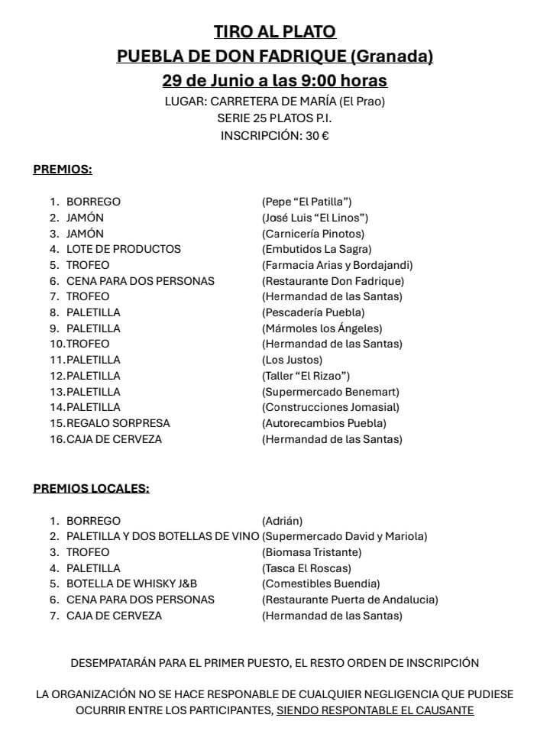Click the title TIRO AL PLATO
(274, 31)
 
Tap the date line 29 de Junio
(274, 80)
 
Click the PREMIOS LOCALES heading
(91, 489)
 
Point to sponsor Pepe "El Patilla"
(306, 202)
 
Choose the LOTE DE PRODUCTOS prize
(123, 249)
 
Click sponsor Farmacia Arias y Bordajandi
(337, 265)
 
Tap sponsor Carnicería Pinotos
(313, 234)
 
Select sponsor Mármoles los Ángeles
(322, 328)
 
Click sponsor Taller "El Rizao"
(306, 376)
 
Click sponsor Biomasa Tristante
(312, 552)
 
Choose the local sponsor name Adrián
(282, 521)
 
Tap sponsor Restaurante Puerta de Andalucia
(350, 600)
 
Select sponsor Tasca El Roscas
(306, 568)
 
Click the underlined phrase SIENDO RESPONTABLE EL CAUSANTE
(375, 710)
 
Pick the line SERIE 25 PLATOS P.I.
(274, 118)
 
